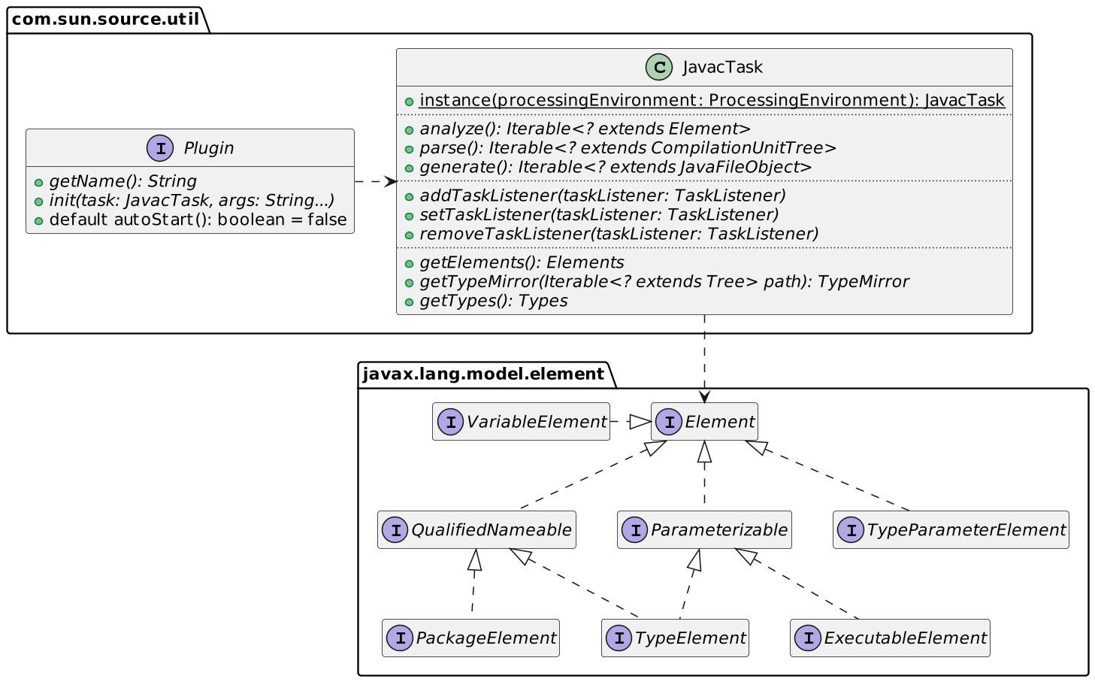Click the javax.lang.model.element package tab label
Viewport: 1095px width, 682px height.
coord(483,374)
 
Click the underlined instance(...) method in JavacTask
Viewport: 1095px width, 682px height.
coord(711,100)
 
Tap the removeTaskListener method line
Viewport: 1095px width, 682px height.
coord(619,234)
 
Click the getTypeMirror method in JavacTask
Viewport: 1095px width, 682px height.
coord(664,281)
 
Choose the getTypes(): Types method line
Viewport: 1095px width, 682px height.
coord(493,301)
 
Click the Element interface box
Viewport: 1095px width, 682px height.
coord(704,422)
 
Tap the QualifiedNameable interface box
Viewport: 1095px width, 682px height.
coord(476,530)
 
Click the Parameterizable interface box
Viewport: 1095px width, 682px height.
coord(704,530)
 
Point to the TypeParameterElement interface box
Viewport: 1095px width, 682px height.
coord(951,530)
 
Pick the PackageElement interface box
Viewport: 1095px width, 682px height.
coord(470,638)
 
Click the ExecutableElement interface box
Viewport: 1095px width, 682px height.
coord(890,638)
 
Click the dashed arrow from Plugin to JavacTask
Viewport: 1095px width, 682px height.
coord(375,181)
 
